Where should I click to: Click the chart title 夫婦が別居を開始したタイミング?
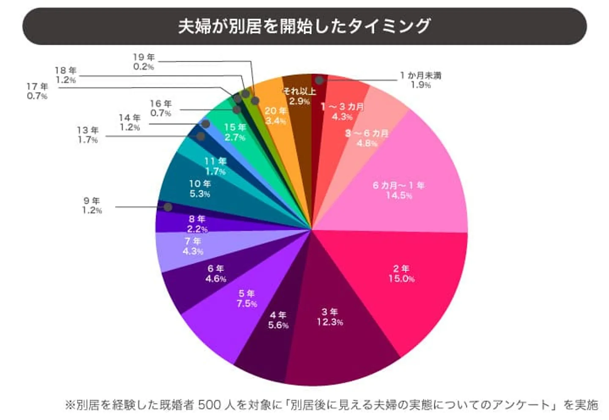pos(304,26)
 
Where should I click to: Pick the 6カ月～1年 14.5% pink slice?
pos(402,186)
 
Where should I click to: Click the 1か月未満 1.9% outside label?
pos(420,80)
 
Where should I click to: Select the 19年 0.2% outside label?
pos(144,62)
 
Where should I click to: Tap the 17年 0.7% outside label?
pos(37,91)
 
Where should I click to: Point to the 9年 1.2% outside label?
pos(92,205)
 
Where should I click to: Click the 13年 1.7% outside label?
pos(88,135)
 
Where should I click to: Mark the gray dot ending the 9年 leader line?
pos(168,207)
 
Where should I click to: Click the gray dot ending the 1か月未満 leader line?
pos(319,80)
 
